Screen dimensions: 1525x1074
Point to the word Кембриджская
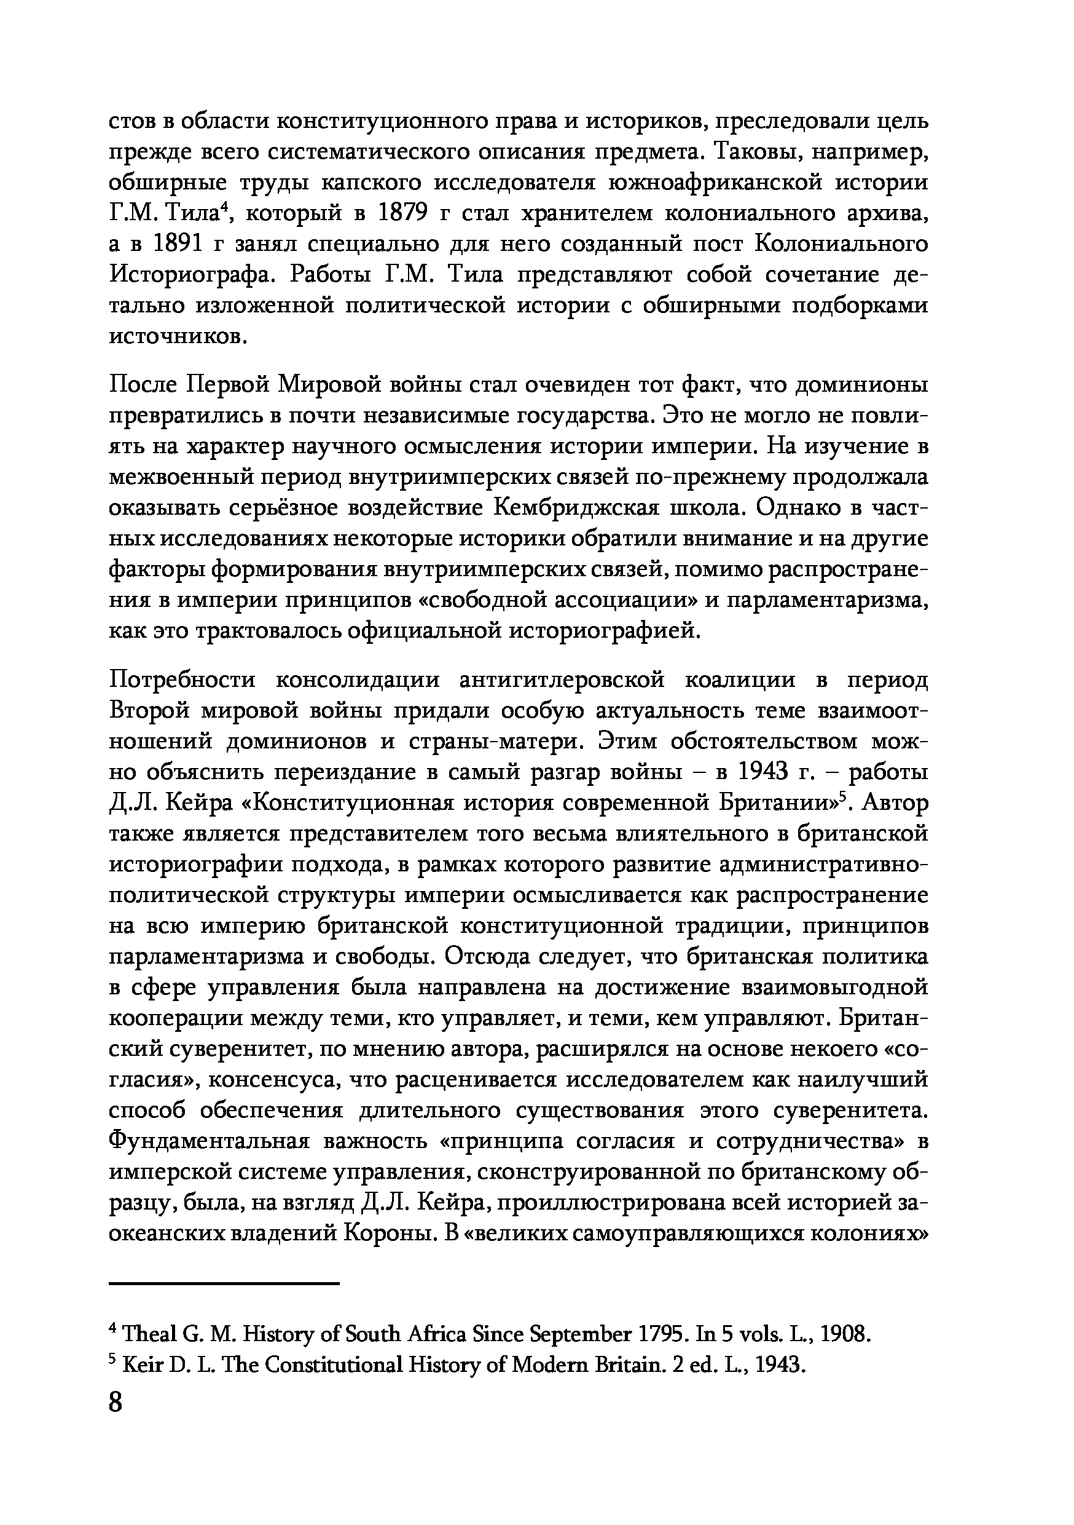[x=577, y=508]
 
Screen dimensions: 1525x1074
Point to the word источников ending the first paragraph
[x=177, y=337]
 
